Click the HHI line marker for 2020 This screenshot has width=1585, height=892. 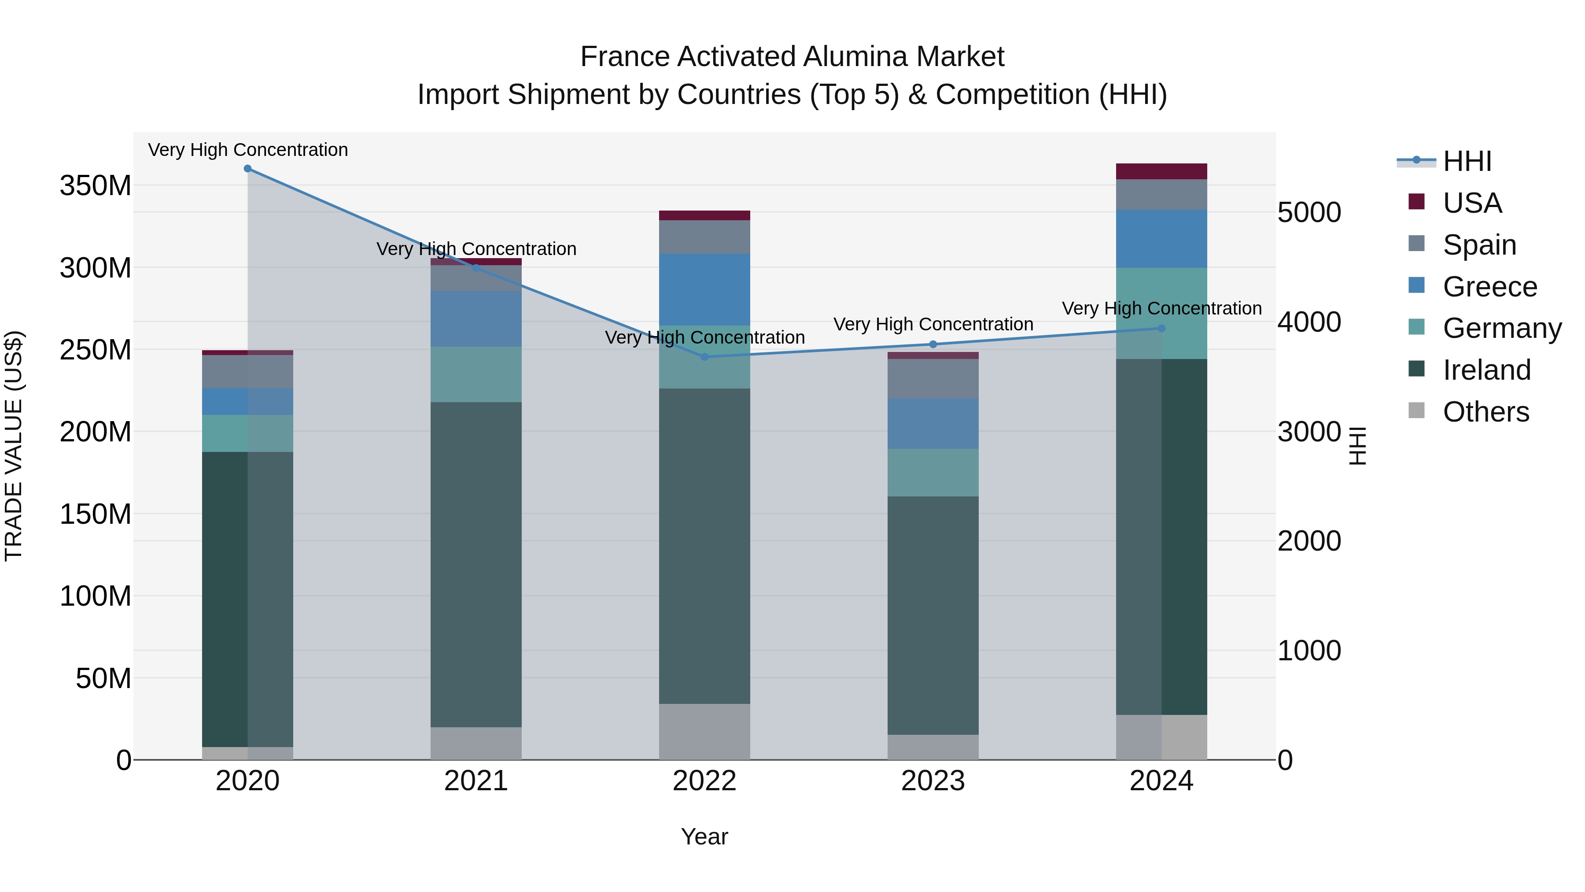(247, 169)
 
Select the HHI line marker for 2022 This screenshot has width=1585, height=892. (704, 357)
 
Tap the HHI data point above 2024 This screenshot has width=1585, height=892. (1161, 328)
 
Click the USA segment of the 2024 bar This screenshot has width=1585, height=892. (1161, 171)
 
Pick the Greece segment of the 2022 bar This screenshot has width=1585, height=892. (704, 289)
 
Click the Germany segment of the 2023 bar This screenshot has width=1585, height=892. (933, 472)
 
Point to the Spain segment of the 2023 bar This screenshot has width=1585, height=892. (933, 378)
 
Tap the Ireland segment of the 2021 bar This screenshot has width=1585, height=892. (475, 565)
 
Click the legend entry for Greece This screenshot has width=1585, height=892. (1489, 287)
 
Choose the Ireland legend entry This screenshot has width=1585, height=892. (1486, 370)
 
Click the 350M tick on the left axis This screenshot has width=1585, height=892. (96, 185)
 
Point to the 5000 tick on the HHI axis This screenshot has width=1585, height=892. (1309, 212)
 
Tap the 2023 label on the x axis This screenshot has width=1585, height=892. (933, 781)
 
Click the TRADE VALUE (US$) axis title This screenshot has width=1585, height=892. (14, 446)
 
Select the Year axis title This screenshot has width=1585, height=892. (704, 836)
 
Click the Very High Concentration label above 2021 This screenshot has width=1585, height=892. (475, 249)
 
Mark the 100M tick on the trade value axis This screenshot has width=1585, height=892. (96, 596)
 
